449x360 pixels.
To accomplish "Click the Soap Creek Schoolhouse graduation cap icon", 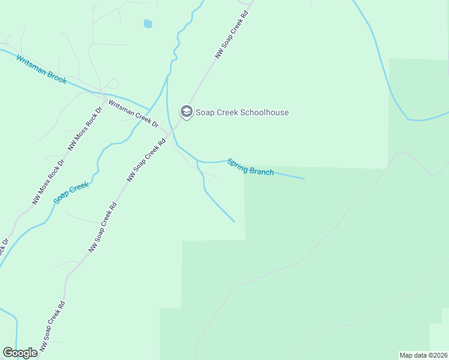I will coord(186,112).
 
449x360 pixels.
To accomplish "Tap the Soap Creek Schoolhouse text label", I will coord(242,112).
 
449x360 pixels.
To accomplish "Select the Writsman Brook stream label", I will coord(41,70).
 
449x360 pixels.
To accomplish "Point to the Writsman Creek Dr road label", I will coord(133,114).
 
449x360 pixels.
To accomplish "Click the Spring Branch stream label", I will coord(250,167).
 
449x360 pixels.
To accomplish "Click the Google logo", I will coord(20,353).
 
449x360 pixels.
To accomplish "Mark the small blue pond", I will coord(148,24).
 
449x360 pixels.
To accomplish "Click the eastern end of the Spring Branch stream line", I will coord(304,179).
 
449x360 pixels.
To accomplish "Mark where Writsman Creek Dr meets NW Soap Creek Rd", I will coord(169,134).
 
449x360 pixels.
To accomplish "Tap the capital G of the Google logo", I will coord(8,353).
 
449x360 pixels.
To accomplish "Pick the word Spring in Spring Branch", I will coord(237,164).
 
